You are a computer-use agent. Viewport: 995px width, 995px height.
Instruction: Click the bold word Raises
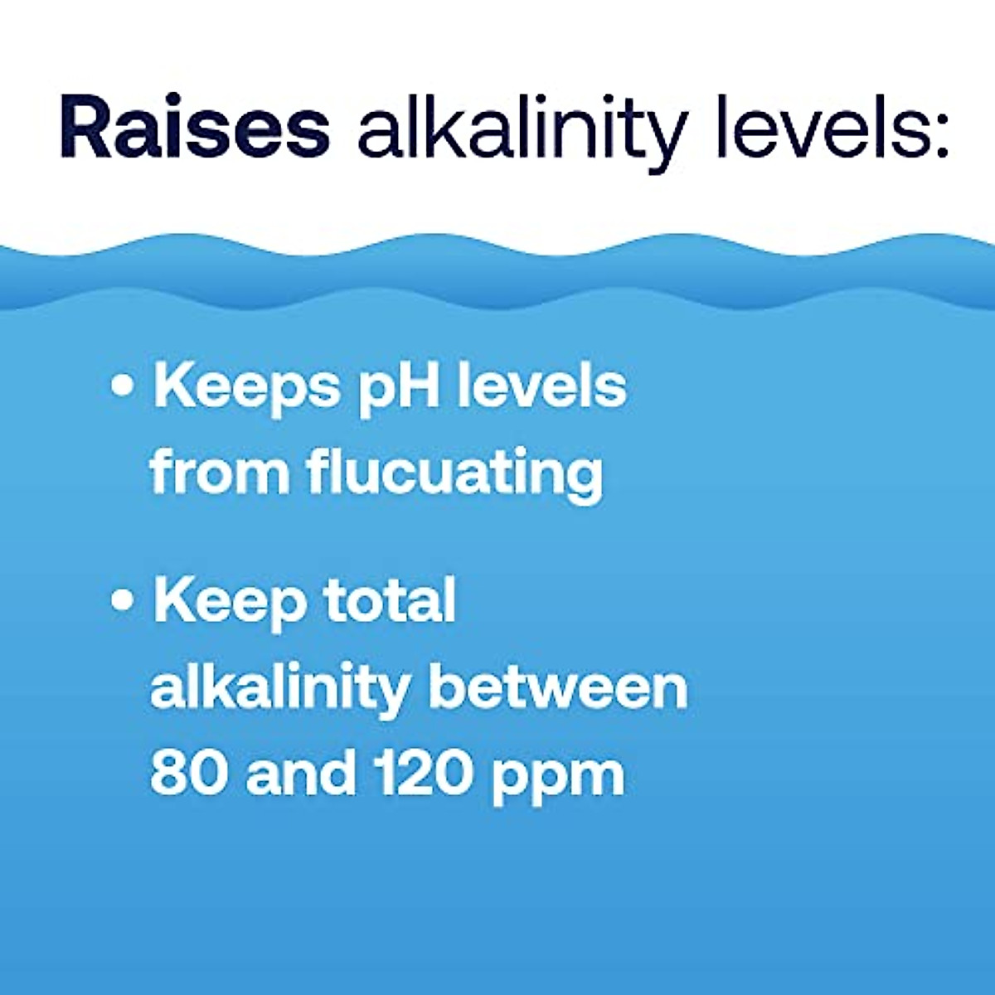(x=195, y=129)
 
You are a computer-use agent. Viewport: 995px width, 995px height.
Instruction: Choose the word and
(x=303, y=773)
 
